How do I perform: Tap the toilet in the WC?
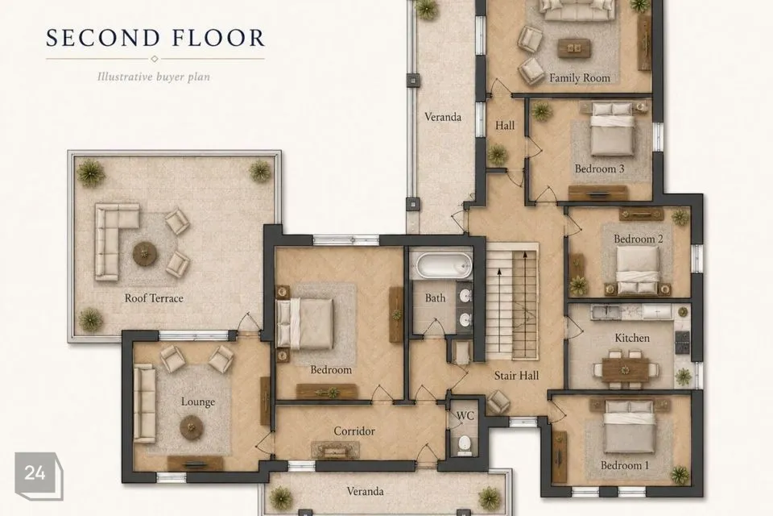click(x=465, y=445)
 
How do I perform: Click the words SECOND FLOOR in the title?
click(x=155, y=38)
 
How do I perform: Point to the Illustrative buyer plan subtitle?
click(x=154, y=77)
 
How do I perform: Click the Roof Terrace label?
click(x=154, y=298)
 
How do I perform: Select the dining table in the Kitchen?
click(x=625, y=369)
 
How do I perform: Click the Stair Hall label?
click(x=516, y=376)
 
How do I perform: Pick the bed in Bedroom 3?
click(x=612, y=129)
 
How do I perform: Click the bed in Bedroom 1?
click(x=629, y=427)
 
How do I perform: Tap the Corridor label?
click(x=354, y=431)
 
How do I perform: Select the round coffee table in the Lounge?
click(x=191, y=427)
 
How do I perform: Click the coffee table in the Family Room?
click(x=574, y=48)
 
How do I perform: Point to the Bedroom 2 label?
click(x=638, y=239)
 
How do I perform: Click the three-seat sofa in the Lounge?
click(x=145, y=403)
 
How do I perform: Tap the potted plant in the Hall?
click(x=498, y=155)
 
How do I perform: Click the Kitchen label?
click(x=632, y=339)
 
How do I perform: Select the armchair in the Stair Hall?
click(x=498, y=402)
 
